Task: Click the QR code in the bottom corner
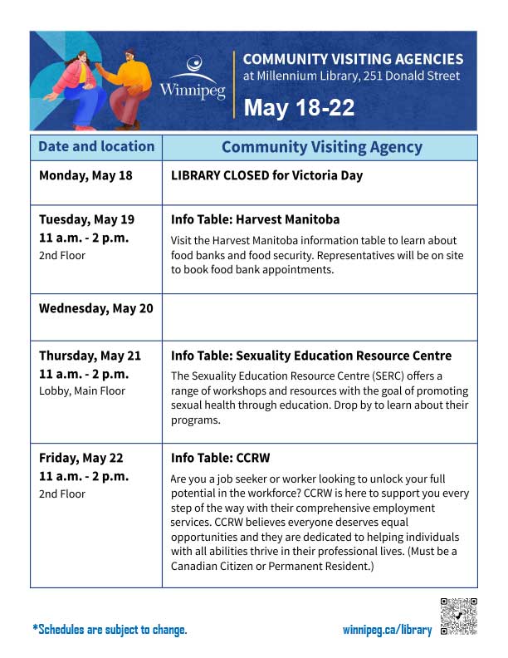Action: click(458, 616)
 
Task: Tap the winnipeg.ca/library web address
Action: click(387, 630)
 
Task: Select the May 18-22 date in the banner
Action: click(299, 108)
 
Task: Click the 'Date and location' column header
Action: click(96, 147)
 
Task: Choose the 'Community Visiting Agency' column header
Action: click(321, 148)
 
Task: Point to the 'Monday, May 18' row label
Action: click(85, 175)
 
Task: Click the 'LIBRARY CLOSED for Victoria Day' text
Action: click(266, 175)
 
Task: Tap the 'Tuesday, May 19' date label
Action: click(86, 219)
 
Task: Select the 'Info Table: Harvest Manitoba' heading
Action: click(255, 219)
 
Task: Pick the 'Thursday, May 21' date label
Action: click(90, 356)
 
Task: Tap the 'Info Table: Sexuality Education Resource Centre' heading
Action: click(311, 356)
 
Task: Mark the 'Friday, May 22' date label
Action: click(81, 458)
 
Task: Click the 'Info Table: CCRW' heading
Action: click(220, 458)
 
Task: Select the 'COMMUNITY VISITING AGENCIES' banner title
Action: click(353, 59)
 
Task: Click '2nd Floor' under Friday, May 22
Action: click(62, 493)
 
